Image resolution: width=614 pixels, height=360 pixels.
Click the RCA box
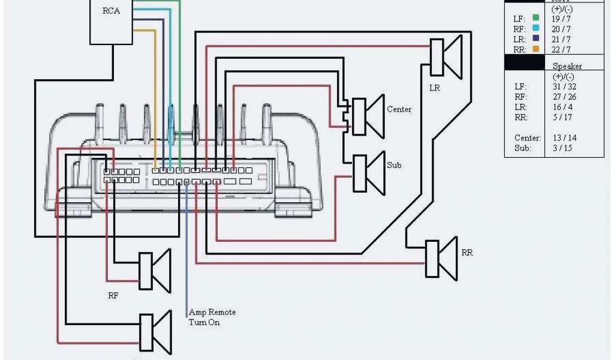click(x=111, y=22)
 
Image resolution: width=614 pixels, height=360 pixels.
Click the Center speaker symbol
click(x=366, y=116)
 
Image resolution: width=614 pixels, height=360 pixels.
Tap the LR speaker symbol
click(x=446, y=57)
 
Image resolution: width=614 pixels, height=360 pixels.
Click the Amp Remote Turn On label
click(x=212, y=317)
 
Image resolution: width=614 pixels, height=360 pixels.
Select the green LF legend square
click(x=535, y=19)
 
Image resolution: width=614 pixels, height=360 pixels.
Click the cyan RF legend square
click(x=535, y=29)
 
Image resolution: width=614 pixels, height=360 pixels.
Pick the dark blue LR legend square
click(x=535, y=39)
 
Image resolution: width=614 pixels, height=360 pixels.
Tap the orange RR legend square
click(x=535, y=49)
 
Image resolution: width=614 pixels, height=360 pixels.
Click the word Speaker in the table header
click(x=567, y=66)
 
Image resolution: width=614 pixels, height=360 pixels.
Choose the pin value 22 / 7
click(x=561, y=49)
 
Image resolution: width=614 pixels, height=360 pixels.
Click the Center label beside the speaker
click(x=399, y=109)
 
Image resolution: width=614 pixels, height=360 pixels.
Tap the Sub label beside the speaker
click(x=394, y=165)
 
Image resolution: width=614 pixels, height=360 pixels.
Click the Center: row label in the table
click(x=528, y=138)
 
